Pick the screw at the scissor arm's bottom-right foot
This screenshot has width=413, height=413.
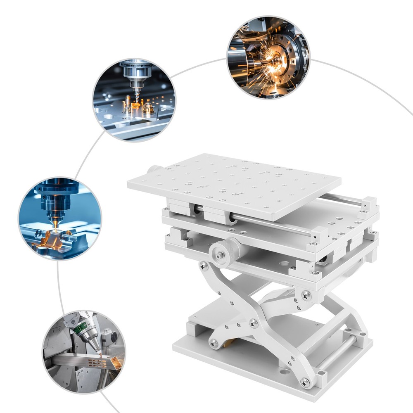306,382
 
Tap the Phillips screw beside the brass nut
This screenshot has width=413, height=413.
214,342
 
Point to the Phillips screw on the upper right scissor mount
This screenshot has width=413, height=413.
306,295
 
